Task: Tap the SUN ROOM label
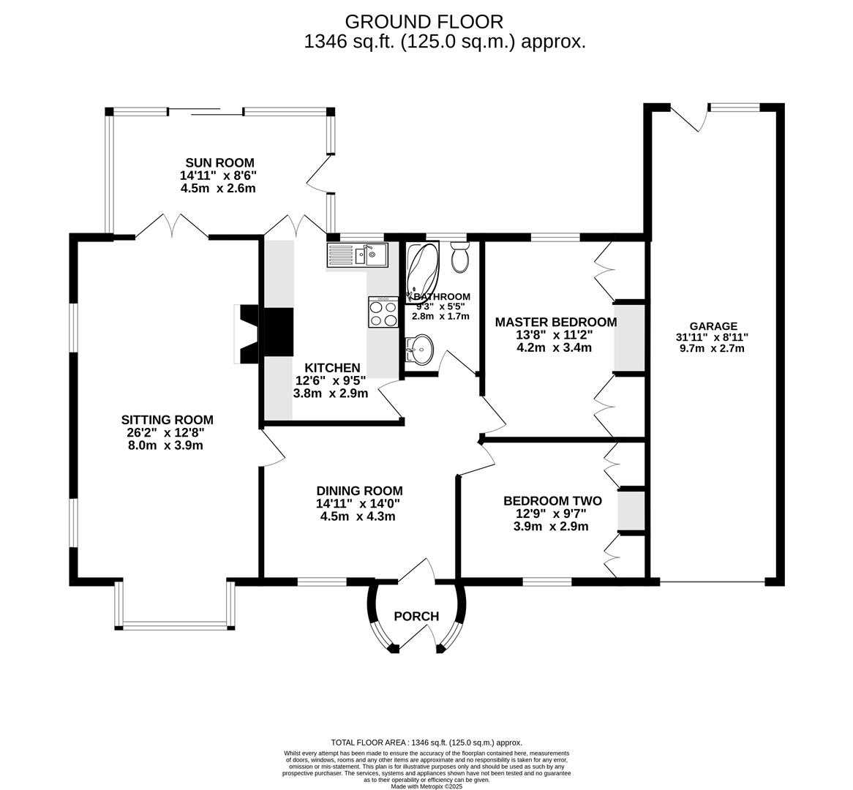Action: point(219,162)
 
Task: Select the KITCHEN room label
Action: point(333,368)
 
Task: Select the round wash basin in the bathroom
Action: point(418,350)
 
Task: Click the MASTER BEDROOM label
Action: point(555,322)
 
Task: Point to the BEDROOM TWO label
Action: point(552,501)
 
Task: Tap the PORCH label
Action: point(416,616)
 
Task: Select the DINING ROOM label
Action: point(359,491)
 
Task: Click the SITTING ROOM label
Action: point(167,420)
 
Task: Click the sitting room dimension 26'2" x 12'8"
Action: point(165,432)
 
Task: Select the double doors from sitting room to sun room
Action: point(172,227)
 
